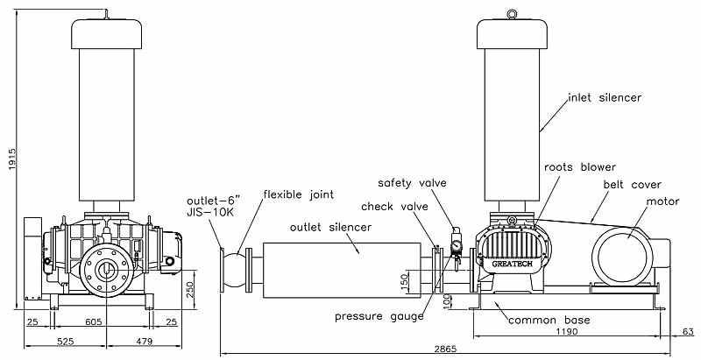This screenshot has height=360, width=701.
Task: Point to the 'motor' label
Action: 662,201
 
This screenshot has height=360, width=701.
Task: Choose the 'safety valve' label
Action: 413,183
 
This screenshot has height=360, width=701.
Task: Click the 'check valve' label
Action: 393,207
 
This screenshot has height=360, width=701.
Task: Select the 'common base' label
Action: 549,321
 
